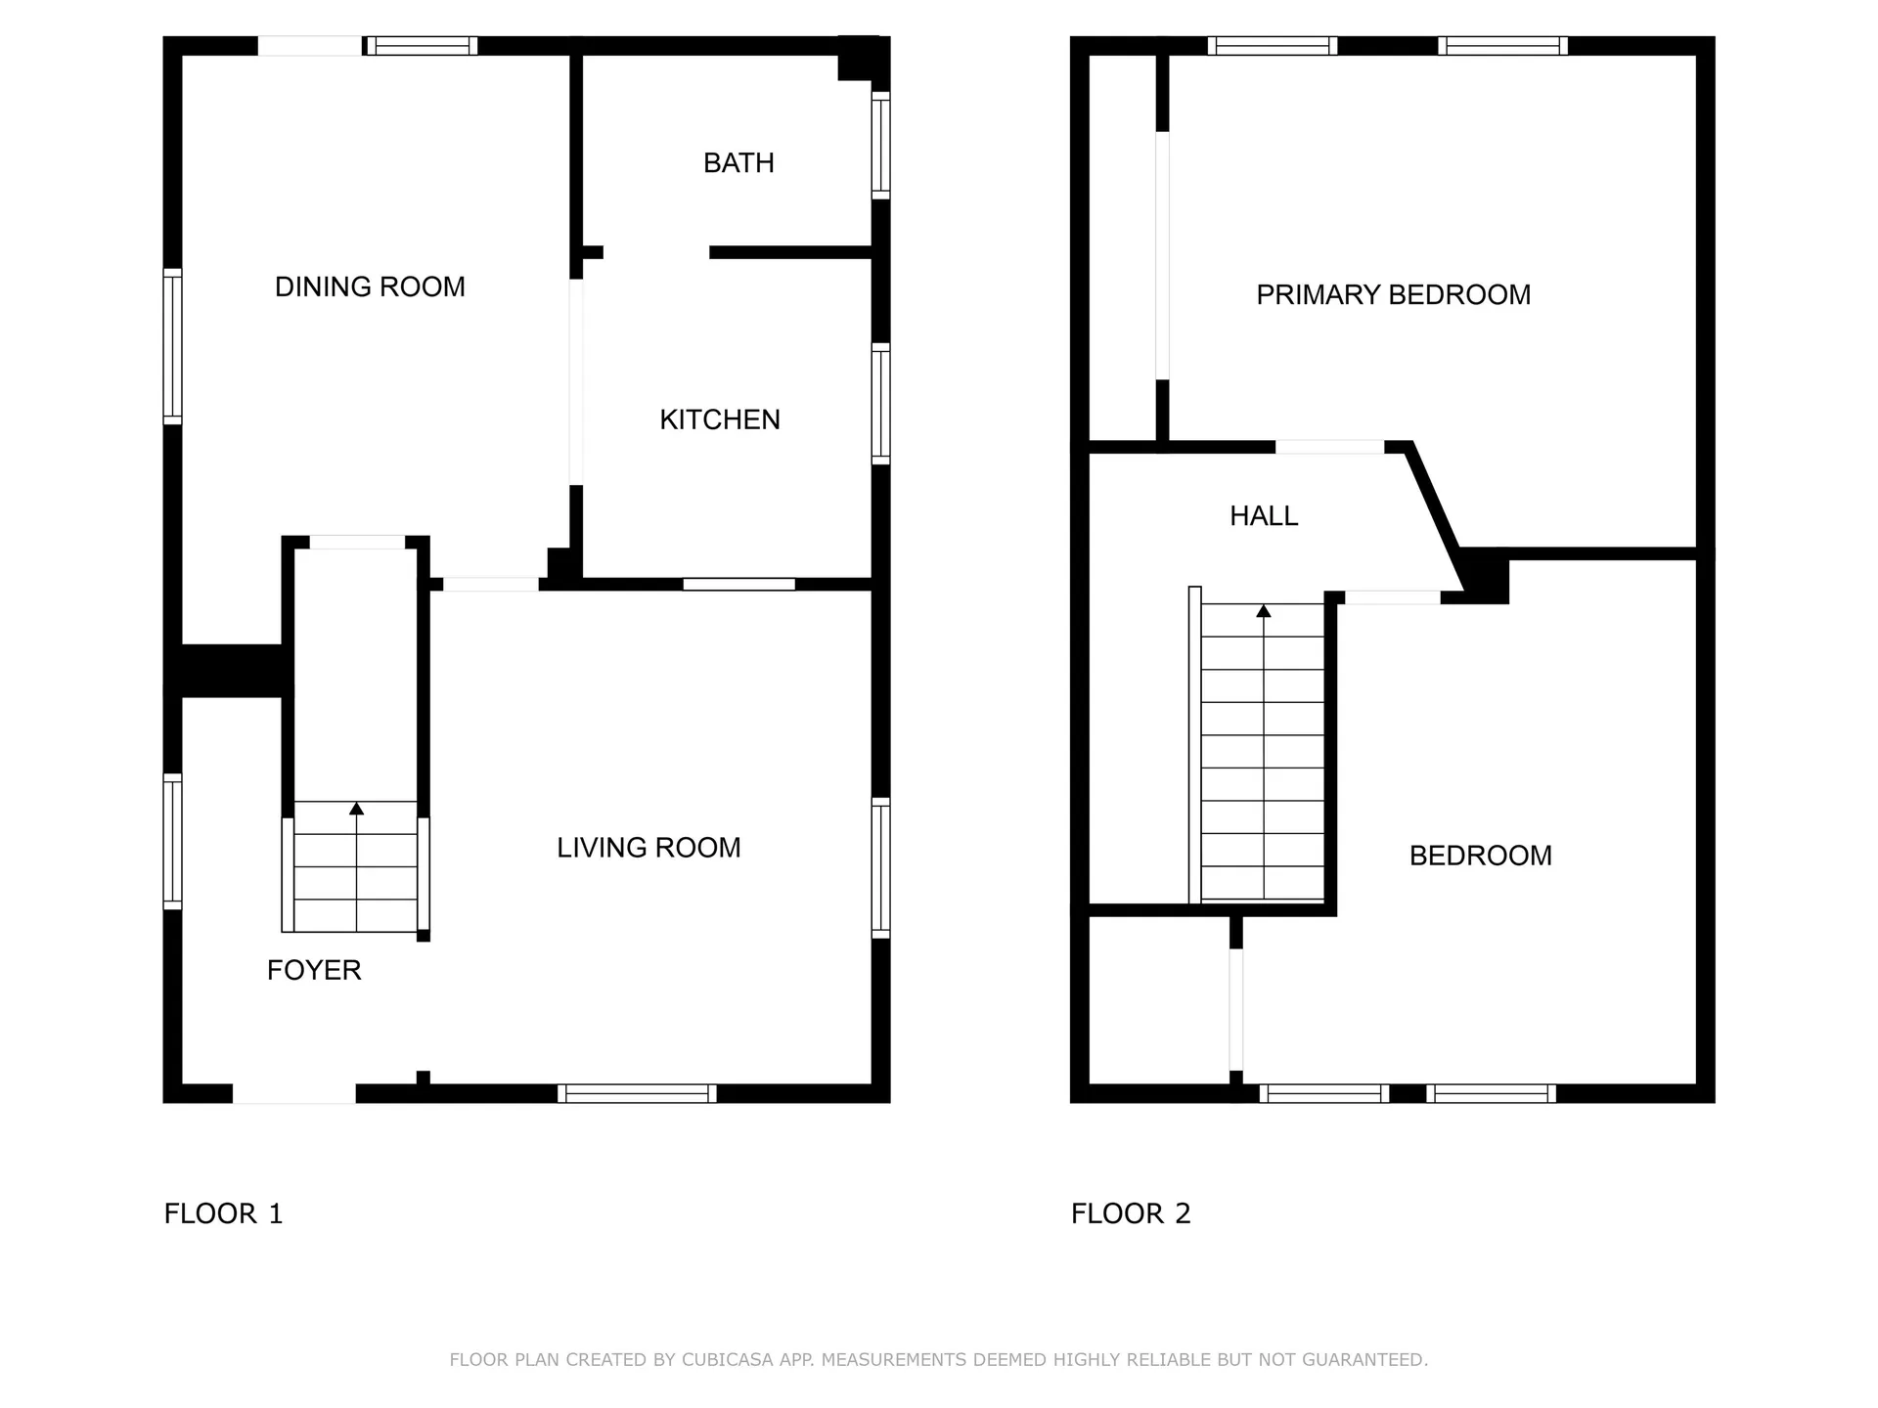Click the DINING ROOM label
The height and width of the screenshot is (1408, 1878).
(370, 286)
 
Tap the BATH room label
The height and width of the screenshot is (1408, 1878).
(738, 162)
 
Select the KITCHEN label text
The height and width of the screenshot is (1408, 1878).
(719, 419)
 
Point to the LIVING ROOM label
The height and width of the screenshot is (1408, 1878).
(648, 848)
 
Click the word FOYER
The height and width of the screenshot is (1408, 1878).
(314, 970)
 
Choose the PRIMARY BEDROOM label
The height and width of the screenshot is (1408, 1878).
(1393, 294)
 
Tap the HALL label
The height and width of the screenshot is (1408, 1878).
(1264, 516)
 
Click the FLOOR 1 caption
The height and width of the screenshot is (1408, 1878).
(223, 1213)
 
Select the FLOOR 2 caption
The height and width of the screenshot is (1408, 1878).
(1131, 1213)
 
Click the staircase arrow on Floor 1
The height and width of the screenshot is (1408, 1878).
(356, 809)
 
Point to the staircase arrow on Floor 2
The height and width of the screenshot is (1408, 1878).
(1263, 611)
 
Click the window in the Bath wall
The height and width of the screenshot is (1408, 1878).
(880, 145)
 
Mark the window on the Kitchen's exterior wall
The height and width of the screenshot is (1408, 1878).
(880, 404)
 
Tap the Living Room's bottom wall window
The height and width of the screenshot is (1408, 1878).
(637, 1093)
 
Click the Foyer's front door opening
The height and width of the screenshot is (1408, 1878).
(293, 1093)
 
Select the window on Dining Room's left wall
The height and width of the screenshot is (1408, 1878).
(172, 346)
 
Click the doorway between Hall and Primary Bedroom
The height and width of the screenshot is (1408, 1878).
(1329, 447)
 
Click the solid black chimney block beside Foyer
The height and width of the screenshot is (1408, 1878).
(231, 671)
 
